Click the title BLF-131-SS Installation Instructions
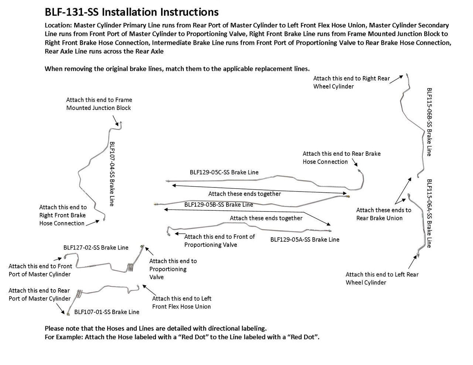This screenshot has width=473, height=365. click(131, 12)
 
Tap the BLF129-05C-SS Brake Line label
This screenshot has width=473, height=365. click(224, 172)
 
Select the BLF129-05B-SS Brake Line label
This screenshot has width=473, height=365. click(218, 204)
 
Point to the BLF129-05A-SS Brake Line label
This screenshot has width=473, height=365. click(304, 240)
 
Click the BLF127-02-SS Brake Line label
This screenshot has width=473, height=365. click(96, 247)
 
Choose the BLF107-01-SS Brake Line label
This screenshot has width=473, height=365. click(106, 312)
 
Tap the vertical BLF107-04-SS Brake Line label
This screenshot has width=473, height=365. click(112, 174)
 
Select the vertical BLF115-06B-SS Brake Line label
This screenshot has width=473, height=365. click(429, 122)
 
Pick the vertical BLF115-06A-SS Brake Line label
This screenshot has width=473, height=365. click(429, 213)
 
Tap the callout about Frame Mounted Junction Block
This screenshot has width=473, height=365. click(99, 104)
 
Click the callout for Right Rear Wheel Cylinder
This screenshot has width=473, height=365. click(351, 82)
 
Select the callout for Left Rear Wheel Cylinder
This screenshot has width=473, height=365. click(382, 278)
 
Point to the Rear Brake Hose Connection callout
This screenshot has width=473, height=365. click(341, 158)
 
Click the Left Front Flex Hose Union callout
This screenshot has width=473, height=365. click(181, 302)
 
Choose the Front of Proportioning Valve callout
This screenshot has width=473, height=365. click(220, 241)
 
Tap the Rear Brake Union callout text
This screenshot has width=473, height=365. click(383, 214)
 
